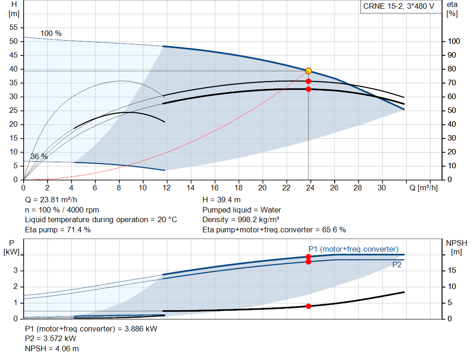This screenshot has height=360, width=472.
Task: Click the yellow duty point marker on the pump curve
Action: [308, 71]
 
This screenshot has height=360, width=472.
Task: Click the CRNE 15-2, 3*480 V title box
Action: [399, 6]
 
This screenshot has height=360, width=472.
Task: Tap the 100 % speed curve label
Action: [51, 33]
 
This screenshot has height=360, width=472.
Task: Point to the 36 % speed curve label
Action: [39, 157]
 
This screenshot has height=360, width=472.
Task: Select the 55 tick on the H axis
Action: [13, 27]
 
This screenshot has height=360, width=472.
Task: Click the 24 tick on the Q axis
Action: [310, 188]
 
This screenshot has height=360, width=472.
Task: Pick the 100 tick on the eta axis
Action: [454, 41]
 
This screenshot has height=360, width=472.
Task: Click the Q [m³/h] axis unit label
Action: [424, 188]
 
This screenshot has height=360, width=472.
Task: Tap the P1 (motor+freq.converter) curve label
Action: [354, 249]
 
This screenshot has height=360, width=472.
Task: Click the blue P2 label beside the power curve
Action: [397, 265]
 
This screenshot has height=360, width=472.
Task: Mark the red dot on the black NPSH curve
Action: [308, 306]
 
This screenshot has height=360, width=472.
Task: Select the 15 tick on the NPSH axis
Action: [452, 270]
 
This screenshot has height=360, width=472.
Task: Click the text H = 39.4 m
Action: [222, 200]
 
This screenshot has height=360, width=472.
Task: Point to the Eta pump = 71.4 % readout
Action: [58, 230]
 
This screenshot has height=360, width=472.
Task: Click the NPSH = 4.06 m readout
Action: [52, 349]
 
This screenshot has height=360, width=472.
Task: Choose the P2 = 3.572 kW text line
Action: [51, 339]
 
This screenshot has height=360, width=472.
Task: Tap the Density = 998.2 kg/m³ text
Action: [241, 220]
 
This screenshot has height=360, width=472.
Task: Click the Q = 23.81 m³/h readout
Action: [51, 200]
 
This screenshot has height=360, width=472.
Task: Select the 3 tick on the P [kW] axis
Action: [15, 270]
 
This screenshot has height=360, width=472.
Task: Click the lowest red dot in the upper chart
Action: [308, 89]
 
